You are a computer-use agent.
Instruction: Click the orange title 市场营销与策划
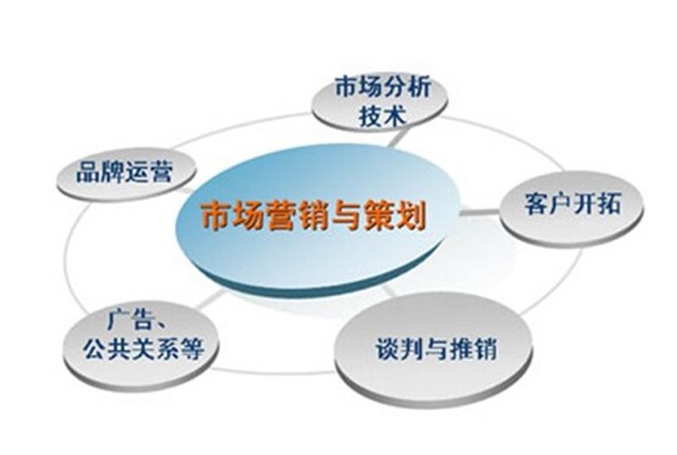(x=313, y=215)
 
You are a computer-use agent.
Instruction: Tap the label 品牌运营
(x=124, y=172)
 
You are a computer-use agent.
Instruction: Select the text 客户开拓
(x=573, y=203)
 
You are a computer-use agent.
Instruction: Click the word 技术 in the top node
(x=383, y=115)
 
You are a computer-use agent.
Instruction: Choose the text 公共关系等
(x=143, y=348)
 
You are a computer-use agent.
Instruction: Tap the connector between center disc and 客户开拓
(x=480, y=212)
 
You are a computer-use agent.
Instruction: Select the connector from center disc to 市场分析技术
(x=395, y=139)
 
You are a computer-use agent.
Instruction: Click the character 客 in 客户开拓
(x=537, y=203)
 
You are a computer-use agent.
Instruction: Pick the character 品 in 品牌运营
(x=88, y=172)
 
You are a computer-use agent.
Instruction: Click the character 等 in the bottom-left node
(x=192, y=348)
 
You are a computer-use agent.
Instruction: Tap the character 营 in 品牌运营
(x=161, y=172)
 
